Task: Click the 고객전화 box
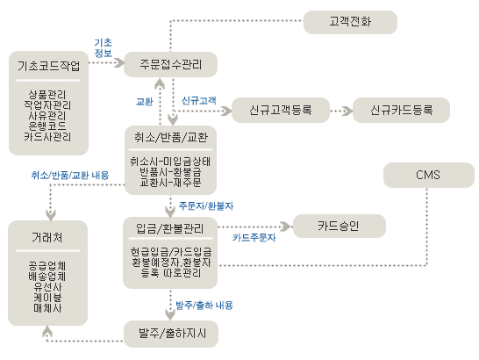[x=350, y=22]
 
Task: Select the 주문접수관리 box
[x=170, y=65]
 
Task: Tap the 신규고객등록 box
[x=281, y=110]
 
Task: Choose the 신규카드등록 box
[x=401, y=110]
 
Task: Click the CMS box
[x=429, y=175]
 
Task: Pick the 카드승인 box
[x=340, y=226]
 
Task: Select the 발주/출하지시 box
[x=171, y=334]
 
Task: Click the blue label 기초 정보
[x=103, y=47]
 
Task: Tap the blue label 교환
[x=144, y=102]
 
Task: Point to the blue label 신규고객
[x=199, y=101]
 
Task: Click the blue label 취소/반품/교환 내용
[x=70, y=176]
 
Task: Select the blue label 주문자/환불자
[x=206, y=205]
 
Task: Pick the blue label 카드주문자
[x=254, y=238]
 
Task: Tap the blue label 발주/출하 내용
[x=204, y=306]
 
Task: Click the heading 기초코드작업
[x=48, y=66]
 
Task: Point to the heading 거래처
[x=47, y=237]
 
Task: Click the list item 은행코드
[x=47, y=126]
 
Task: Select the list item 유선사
[x=47, y=287]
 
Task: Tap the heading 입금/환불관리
[x=170, y=228]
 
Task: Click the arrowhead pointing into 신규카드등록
[x=347, y=111]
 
